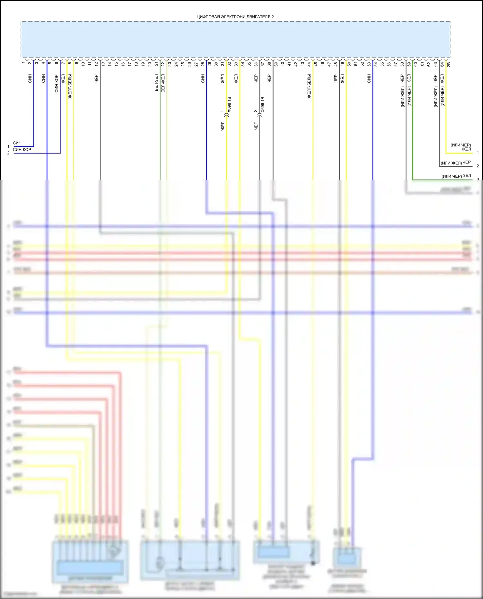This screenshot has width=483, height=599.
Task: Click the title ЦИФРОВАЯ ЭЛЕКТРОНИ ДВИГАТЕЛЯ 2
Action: pyautogui.click(x=235, y=17)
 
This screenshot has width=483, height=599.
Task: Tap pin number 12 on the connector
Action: pyautogui.click(x=96, y=64)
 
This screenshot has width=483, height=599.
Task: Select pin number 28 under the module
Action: pyautogui.click(x=203, y=64)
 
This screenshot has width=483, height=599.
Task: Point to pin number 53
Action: pyautogui.click(x=369, y=64)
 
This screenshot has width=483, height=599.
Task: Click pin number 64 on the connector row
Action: pyautogui.click(x=442, y=64)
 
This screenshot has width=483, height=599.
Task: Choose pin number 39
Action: pyautogui.click(x=276, y=64)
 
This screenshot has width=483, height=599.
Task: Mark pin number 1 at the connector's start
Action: pyautogui.click(x=23, y=62)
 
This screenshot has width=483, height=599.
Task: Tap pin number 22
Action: pyautogui.click(x=163, y=64)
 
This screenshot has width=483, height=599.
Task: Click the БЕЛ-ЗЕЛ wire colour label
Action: pyautogui.click(x=156, y=83)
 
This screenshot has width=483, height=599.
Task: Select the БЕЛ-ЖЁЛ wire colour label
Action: pyautogui.click(x=163, y=83)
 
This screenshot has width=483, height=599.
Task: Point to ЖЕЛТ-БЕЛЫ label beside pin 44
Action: pyautogui.click(x=309, y=86)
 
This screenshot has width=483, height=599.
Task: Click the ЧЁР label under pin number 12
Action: pyautogui.click(x=96, y=79)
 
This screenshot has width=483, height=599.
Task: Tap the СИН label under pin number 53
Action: pyautogui.click(x=369, y=79)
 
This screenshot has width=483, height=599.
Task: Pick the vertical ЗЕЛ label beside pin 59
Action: pyautogui.click(x=409, y=78)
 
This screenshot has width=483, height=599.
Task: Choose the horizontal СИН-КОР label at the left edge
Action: pyautogui.click(x=22, y=150)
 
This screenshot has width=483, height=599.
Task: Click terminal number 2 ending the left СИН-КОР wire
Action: pyautogui.click(x=8, y=153)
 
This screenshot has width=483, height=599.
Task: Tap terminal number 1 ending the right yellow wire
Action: pyautogui.click(x=478, y=153)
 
